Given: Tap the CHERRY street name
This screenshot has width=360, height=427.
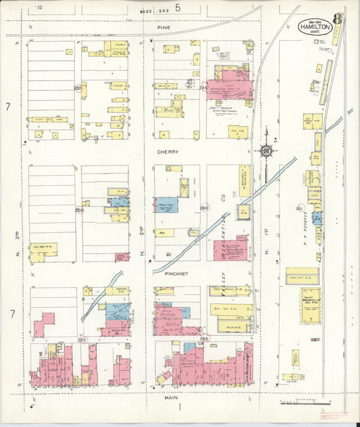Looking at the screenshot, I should [x=168, y=152].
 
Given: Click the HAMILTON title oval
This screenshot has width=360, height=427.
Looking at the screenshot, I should [x=315, y=28].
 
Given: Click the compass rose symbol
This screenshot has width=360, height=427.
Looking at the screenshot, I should [x=266, y=150].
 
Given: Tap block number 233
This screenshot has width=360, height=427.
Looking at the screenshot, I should [x=78, y=88].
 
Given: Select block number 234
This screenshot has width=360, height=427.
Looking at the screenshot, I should [x=203, y=87].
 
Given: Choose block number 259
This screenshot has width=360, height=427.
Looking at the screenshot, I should [x=80, y=210].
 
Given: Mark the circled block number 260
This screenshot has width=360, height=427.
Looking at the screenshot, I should [x=203, y=209].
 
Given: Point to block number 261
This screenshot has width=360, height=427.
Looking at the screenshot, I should [x=300, y=209].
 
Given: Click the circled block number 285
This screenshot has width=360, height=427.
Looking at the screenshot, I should [x=82, y=339].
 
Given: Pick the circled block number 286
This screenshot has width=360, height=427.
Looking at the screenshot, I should [x=205, y=338].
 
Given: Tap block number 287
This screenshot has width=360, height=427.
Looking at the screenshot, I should [x=315, y=339].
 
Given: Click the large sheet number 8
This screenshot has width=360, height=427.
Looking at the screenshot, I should [x=336, y=18].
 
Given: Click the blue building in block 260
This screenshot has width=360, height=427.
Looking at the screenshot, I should [x=165, y=204].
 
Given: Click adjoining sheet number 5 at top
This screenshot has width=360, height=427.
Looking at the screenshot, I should [x=178, y=8].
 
